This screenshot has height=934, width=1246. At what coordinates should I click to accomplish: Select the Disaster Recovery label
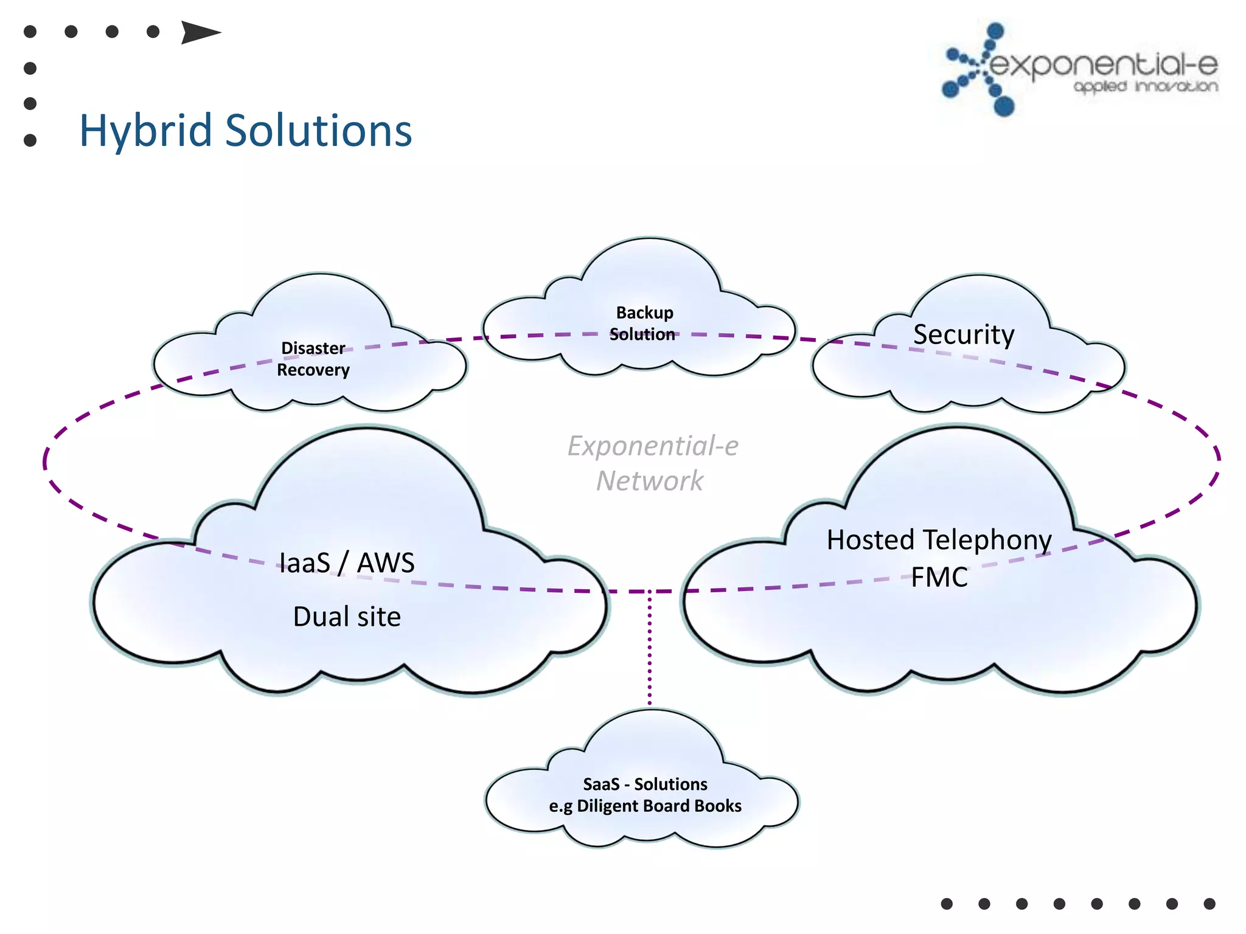click(313, 359)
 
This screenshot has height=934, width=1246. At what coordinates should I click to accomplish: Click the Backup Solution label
click(644, 323)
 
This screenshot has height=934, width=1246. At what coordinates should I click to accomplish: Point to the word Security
click(964, 334)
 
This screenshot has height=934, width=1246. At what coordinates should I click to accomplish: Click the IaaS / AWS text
click(347, 562)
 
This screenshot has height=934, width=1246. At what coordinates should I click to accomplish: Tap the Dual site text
click(347, 617)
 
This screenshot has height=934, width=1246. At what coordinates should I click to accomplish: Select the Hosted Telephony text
click(939, 540)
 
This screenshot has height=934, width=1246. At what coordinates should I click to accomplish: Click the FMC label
click(939, 577)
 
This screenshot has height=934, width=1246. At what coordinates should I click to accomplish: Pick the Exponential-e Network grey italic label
click(652, 463)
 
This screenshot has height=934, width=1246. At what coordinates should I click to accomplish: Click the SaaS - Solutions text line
click(645, 784)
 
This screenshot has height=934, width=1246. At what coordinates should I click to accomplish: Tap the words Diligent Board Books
click(659, 806)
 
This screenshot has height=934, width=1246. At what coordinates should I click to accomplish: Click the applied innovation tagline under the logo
click(1146, 87)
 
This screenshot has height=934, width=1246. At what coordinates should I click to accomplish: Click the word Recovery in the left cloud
click(313, 370)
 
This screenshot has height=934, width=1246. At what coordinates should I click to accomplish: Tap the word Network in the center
click(649, 481)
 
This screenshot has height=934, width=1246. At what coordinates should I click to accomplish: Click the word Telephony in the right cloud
click(987, 540)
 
